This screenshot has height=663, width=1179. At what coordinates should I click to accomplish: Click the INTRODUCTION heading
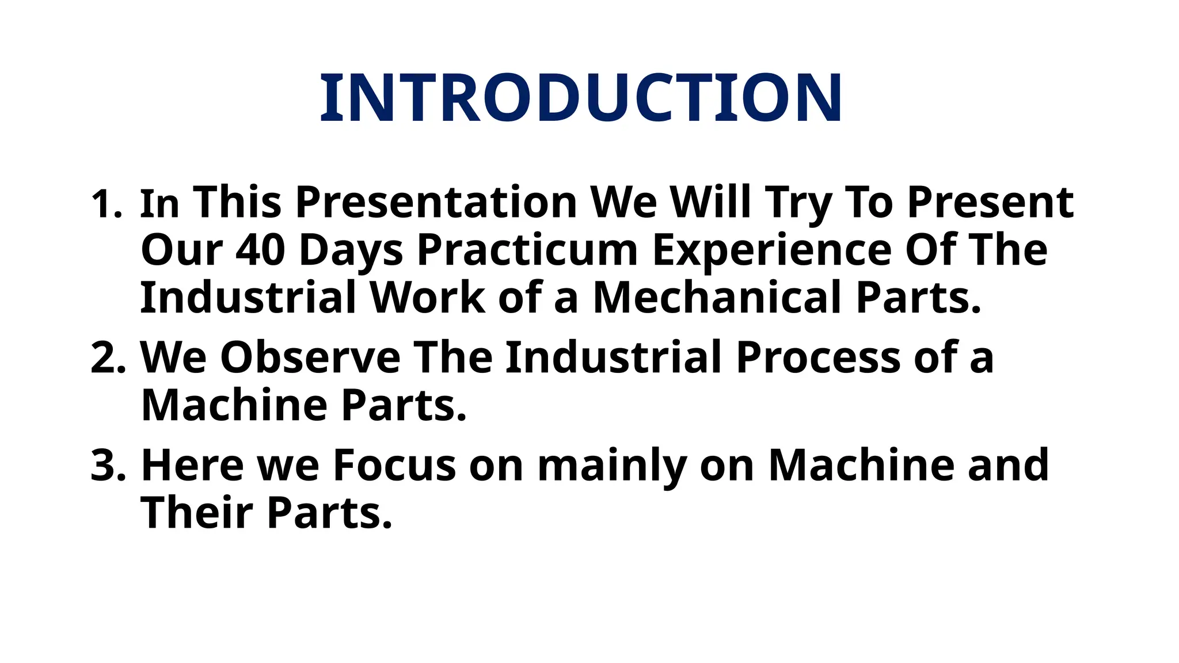(x=581, y=98)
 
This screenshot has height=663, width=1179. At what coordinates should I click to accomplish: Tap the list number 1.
(x=106, y=204)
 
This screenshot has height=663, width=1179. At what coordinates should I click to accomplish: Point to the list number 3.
(x=108, y=466)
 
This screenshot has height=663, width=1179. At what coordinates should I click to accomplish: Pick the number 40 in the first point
(x=260, y=250)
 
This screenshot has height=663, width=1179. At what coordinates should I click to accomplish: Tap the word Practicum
(x=527, y=251)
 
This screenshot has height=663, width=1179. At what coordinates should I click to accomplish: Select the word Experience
(x=771, y=251)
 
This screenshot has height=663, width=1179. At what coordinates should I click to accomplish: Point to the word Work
(x=428, y=298)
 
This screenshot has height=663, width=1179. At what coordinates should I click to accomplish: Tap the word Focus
(x=394, y=466)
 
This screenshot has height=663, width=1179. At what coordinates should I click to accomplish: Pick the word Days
(x=351, y=251)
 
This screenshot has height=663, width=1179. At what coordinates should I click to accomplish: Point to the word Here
(x=192, y=466)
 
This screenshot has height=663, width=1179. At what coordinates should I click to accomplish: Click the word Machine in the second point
(x=234, y=406)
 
